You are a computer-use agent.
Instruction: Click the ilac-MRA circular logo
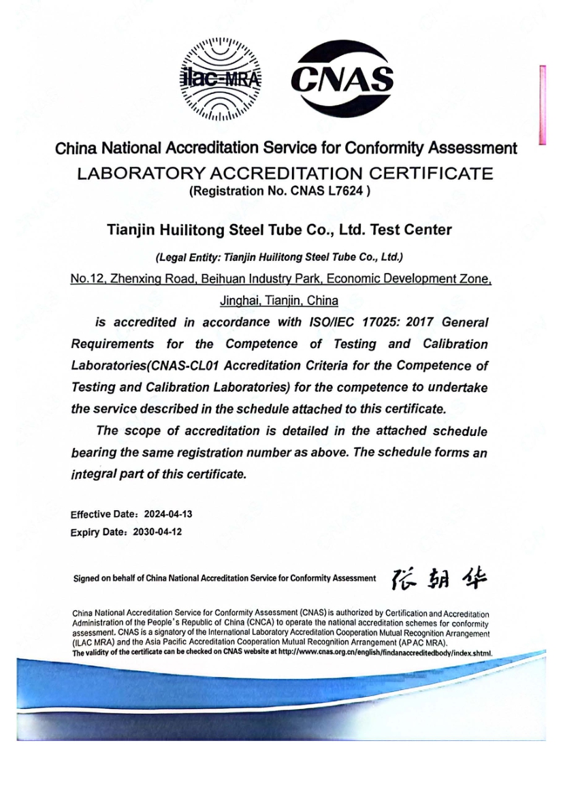coord(220,78)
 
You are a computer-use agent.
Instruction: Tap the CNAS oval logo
coord(342,78)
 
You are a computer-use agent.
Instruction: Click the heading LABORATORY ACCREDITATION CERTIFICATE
coord(285,174)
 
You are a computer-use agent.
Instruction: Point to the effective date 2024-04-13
coord(163,514)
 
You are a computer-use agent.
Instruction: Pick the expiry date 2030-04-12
coord(158,532)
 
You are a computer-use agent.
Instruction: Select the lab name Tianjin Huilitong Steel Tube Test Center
coord(279,230)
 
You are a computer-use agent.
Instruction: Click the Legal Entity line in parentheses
coord(279,257)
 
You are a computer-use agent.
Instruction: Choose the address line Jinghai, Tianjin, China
coord(279,300)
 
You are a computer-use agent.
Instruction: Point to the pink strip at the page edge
coord(543,105)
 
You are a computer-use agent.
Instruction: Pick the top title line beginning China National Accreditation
coord(285,148)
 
